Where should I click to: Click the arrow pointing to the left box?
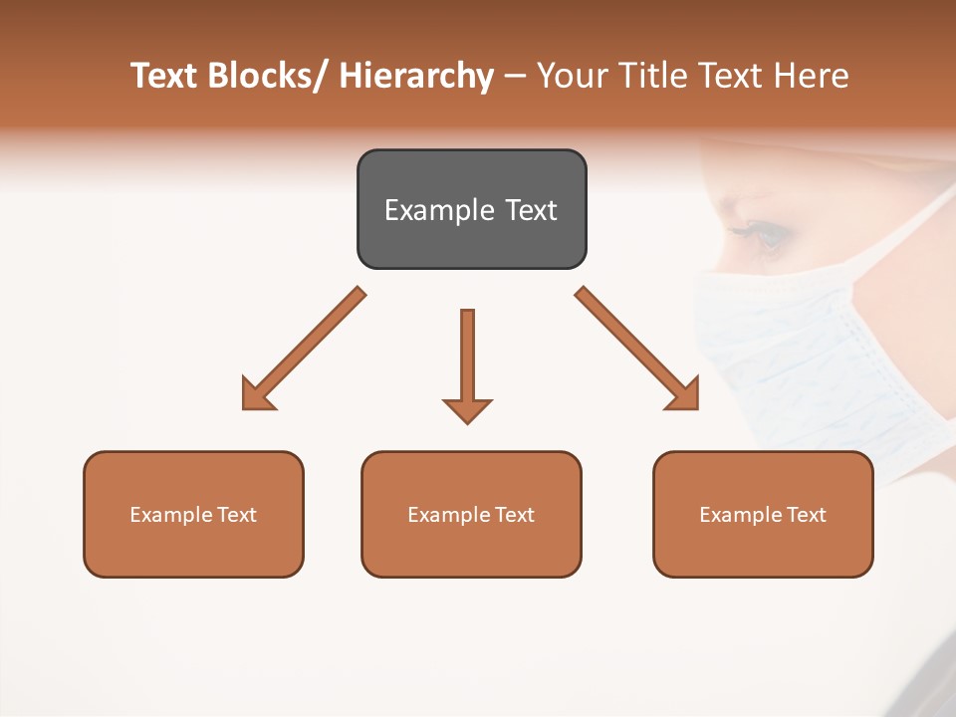coord(303,350)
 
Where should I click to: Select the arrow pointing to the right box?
coord(637,350)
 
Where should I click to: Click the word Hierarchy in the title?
coord(416,77)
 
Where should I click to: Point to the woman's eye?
coord(765,236)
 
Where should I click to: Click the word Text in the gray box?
coord(529,210)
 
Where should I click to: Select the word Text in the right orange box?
coord(807,515)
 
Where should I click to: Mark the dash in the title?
coord(515,77)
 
